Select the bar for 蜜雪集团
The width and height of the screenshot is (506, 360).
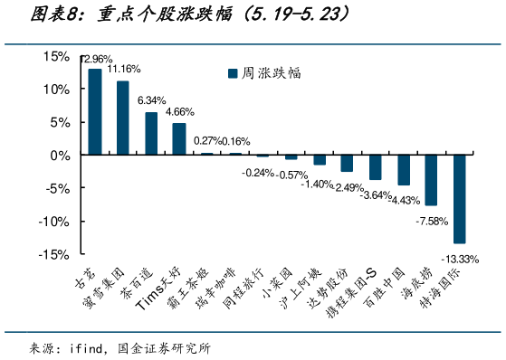click(123, 118)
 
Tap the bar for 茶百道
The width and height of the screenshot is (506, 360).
click(151, 133)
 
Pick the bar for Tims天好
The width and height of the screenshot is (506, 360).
click(179, 138)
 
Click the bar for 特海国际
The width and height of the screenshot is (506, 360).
click(460, 198)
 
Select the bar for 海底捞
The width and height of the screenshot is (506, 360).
click(432, 179)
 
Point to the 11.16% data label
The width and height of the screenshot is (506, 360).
click(124, 69)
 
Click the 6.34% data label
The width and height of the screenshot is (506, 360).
click(151, 100)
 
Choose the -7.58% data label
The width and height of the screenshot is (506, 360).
click(431, 220)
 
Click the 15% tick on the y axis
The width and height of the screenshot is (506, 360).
click(55, 56)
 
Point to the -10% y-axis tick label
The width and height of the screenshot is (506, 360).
click(53, 221)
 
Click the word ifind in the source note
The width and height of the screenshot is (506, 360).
click(88, 347)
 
